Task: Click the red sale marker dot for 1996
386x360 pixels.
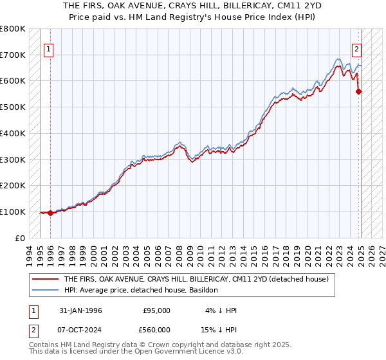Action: pyautogui.click(x=50, y=213)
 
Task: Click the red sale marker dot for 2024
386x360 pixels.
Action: pyautogui.click(x=359, y=91)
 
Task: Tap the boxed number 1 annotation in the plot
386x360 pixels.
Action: pyautogui.click(x=48, y=48)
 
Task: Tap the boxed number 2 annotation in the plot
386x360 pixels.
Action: pyautogui.click(x=356, y=48)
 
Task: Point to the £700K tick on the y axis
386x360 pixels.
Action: pyautogui.click(x=13, y=55)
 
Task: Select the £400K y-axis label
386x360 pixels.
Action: pyautogui.click(x=13, y=133)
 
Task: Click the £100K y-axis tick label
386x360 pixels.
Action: pyautogui.click(x=13, y=212)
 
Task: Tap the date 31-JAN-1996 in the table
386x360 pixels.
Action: pyautogui.click(x=80, y=310)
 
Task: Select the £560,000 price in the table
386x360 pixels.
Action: pyautogui.click(x=156, y=330)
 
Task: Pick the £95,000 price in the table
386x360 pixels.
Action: pyautogui.click(x=156, y=310)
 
